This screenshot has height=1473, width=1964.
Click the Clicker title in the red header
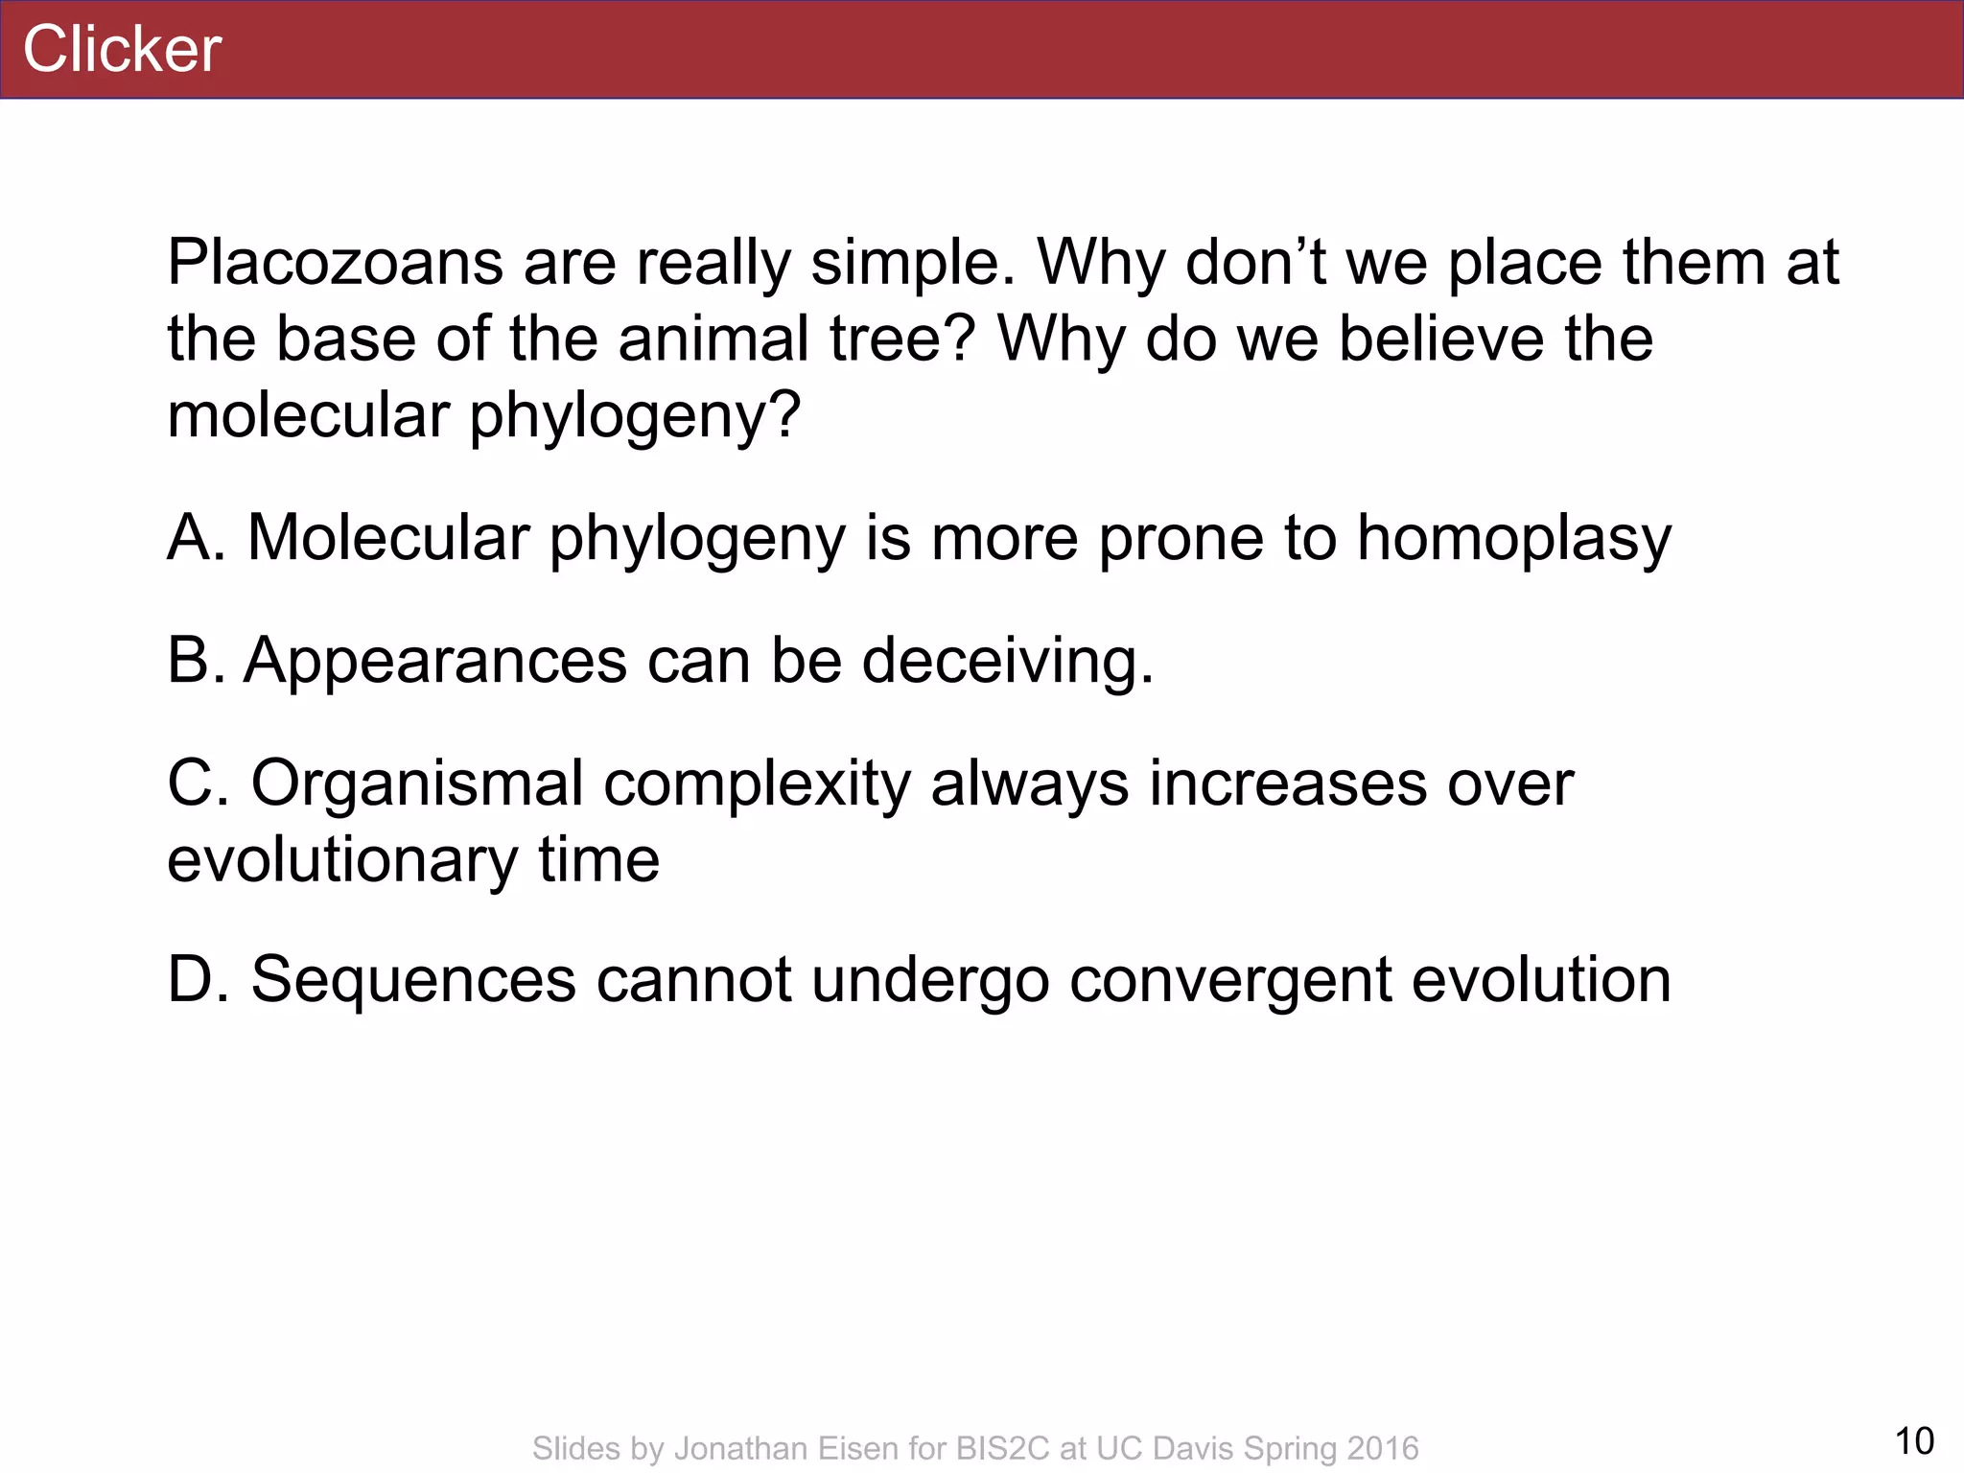[122, 49]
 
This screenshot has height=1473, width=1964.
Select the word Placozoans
[335, 262]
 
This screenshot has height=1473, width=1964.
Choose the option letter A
[195, 537]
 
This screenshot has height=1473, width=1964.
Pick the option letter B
[195, 661]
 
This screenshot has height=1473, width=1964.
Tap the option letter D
[197, 980]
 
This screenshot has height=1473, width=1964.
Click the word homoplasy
[1513, 539]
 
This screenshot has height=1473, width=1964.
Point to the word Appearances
[435, 662]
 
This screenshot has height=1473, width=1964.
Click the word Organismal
[417, 784]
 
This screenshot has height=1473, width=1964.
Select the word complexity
[757, 784]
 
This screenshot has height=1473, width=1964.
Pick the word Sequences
[413, 980]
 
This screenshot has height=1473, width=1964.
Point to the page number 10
[1914, 1440]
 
